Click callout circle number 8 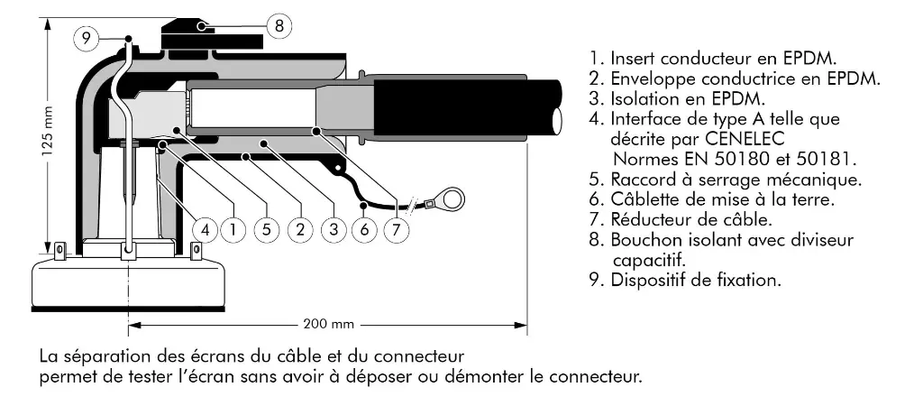[x=279, y=26]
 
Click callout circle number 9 [x=86, y=38]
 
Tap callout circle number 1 [x=233, y=229]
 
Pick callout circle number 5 [x=267, y=229]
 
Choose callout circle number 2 [x=300, y=229]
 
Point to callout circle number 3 [x=333, y=229]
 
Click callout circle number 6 [x=365, y=229]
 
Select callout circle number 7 [x=397, y=229]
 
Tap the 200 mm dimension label [x=327, y=324]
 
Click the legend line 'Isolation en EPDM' [x=676, y=98]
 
